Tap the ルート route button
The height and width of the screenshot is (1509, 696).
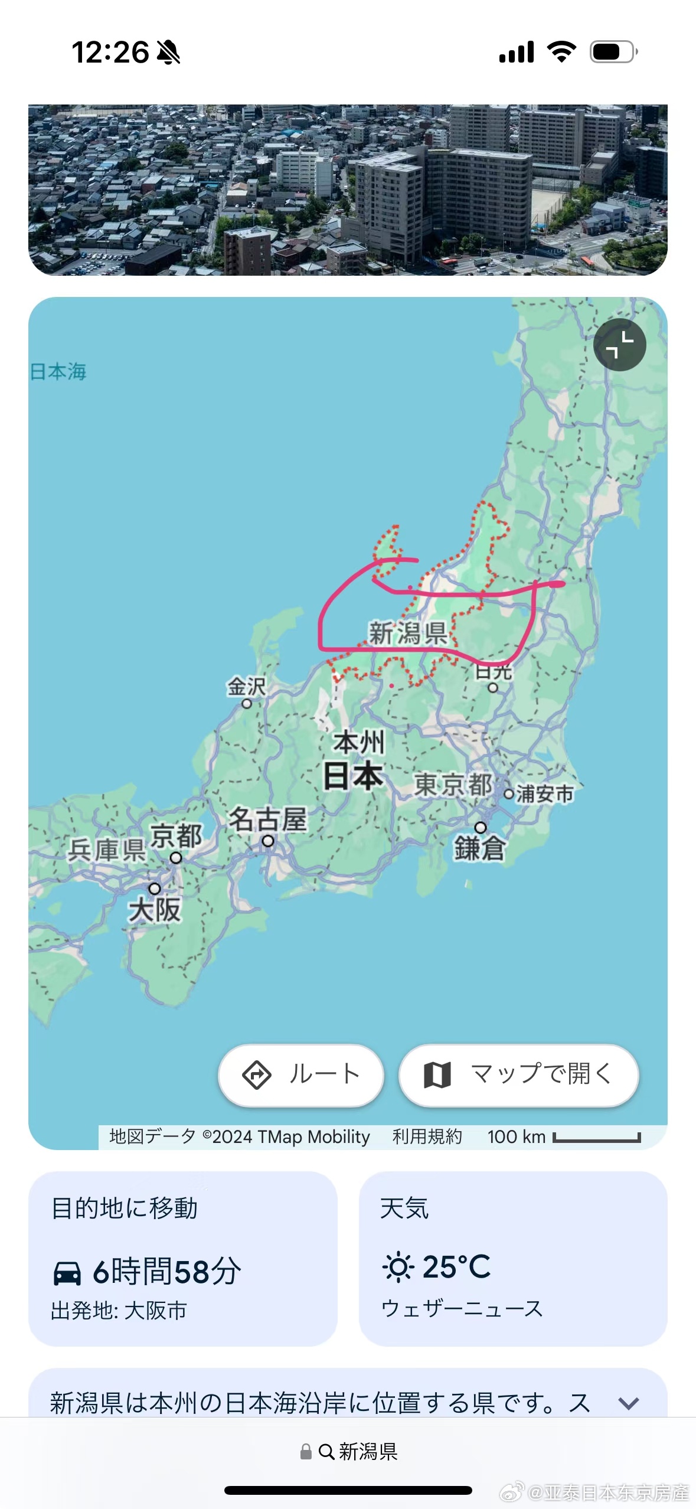pos(301,1074)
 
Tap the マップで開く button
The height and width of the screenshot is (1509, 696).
pos(518,1074)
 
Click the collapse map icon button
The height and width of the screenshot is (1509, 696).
pos(619,345)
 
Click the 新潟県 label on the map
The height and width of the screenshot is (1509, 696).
pos(408,633)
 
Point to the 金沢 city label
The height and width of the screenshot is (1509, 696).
pos(247,687)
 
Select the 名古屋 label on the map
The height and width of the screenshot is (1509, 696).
pos(267,820)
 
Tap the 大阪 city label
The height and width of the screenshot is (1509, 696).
pos(155,910)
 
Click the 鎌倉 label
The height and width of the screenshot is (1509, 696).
pos(479,848)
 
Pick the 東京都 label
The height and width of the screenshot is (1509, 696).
pos(453,785)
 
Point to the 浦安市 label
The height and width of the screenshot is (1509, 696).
pos(544,794)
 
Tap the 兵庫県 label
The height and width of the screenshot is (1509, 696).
pos(107,850)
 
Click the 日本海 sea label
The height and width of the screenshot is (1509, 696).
pos(58,371)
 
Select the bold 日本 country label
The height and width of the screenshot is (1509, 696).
pos(353,776)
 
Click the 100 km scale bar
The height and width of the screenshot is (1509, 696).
pos(596,1138)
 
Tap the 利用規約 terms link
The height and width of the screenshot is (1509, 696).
pos(427,1136)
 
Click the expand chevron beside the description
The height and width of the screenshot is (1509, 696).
pos(629,1403)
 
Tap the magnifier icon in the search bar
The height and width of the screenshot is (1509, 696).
pos(326,1452)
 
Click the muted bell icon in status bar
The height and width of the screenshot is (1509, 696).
pos(168,52)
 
